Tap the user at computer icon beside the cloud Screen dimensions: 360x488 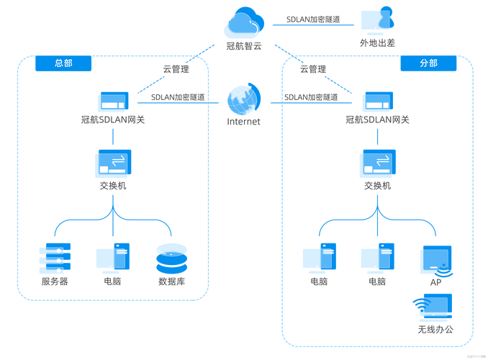point(377,20)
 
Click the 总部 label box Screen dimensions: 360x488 point(63,63)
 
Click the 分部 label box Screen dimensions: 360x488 point(428,63)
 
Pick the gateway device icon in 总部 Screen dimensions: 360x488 point(112,102)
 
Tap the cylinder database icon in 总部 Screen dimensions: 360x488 point(172,258)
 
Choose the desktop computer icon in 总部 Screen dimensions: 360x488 point(112,257)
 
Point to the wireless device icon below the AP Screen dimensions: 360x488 point(435,307)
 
